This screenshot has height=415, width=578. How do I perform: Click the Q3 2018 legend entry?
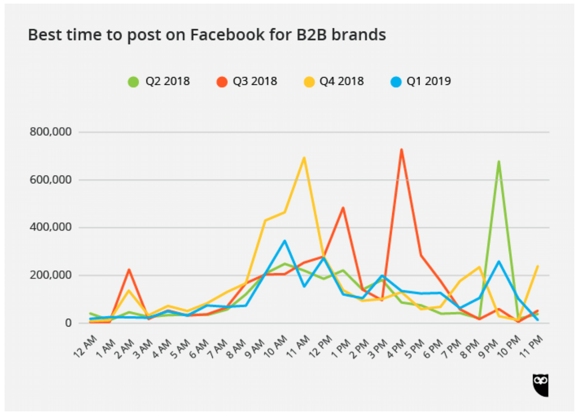pyautogui.click(x=247, y=82)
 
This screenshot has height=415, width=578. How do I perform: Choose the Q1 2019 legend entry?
pyautogui.click(x=420, y=82)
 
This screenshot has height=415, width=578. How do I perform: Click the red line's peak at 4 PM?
pyautogui.click(x=401, y=150)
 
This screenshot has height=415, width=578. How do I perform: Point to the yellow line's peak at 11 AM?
pyautogui.click(x=304, y=158)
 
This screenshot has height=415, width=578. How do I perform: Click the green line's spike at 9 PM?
pyautogui.click(x=499, y=161)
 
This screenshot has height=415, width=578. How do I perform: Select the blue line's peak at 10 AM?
pyautogui.click(x=285, y=241)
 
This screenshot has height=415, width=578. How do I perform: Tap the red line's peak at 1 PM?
pyautogui.click(x=343, y=208)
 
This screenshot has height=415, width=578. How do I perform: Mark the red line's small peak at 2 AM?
pyautogui.click(x=129, y=270)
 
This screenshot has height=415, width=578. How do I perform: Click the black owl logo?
pyautogui.click(x=541, y=385)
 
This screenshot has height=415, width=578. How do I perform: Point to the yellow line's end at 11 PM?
pyautogui.click(x=537, y=266)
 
